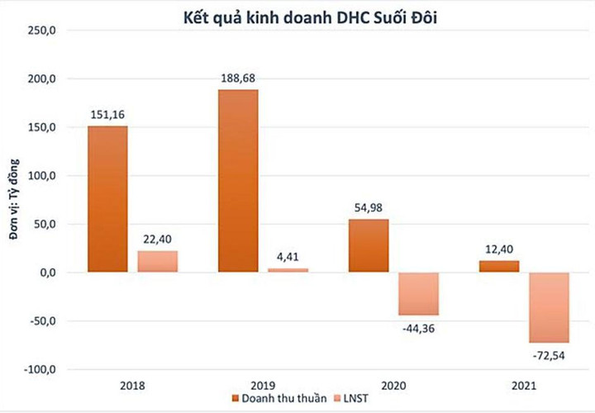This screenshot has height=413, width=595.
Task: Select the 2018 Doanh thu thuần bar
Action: pos(107,198)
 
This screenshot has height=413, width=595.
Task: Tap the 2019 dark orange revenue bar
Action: pos(238,180)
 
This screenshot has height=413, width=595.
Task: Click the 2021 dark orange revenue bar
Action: pos(499,266)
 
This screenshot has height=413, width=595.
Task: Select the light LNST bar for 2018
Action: pos(158,261)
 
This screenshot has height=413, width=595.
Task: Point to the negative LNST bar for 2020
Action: pos(418,293)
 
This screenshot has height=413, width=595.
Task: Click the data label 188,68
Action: pos(238,78)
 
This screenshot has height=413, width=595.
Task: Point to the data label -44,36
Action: pos(418,327)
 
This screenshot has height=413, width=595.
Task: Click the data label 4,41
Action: pos(288,257)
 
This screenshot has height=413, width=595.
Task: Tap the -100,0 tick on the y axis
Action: pos(40,369)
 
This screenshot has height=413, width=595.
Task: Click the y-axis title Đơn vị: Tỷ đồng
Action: pos(14,200)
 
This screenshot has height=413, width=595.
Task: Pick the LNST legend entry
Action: pos(353,401)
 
